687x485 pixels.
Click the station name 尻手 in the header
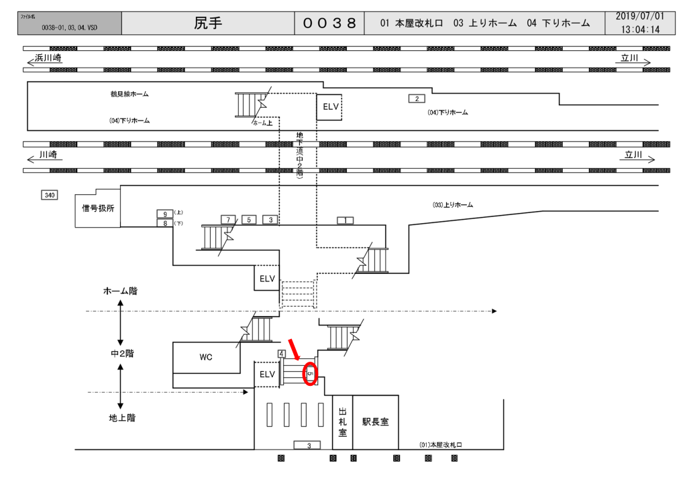tap(208, 23)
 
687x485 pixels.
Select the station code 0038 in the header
tap(329, 23)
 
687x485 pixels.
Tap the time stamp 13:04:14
tap(640, 29)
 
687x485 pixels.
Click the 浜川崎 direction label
tap(48, 59)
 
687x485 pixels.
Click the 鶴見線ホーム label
tap(129, 94)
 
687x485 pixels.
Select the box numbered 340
tap(49, 195)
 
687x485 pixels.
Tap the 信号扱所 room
tap(98, 208)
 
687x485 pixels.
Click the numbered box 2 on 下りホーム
tap(417, 99)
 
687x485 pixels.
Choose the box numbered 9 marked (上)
tap(164, 214)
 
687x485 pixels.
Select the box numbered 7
tap(229, 220)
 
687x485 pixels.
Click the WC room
tap(205, 357)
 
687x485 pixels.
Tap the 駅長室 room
tap(376, 422)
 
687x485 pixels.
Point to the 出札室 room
tap(342, 422)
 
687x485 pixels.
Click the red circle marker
tap(310, 373)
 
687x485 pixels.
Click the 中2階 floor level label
tap(122, 354)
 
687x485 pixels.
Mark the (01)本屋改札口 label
tap(441, 445)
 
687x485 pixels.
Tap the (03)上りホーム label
tap(452, 205)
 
